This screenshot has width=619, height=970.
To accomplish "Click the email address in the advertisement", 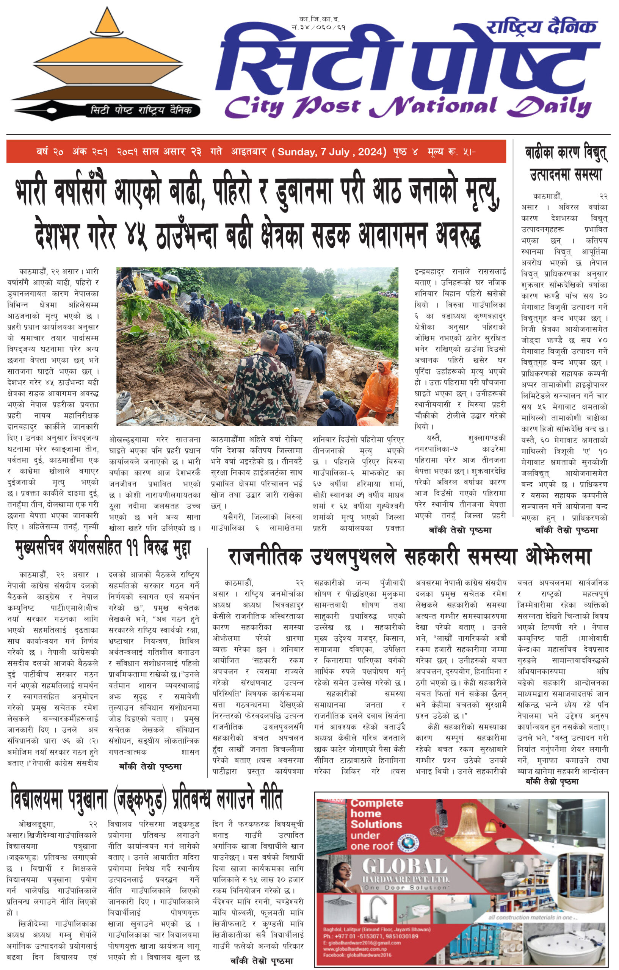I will pos(362,943).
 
